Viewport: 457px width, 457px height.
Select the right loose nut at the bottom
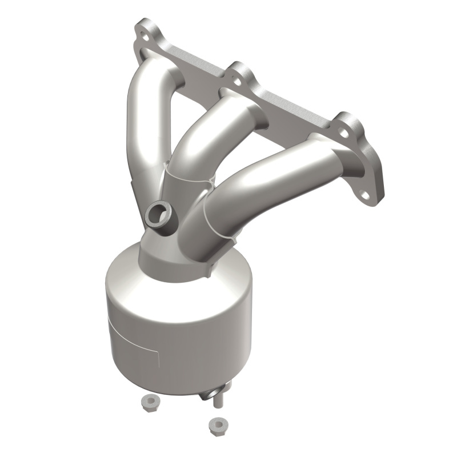point(217,424)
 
